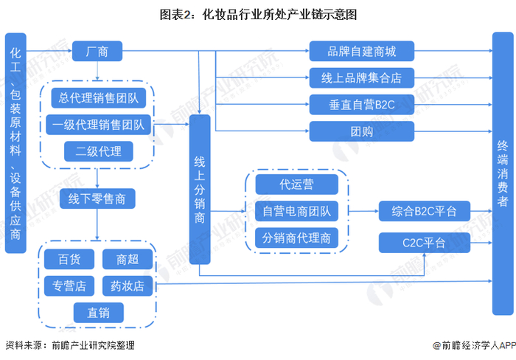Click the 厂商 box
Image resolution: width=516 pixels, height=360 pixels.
coord(97,51)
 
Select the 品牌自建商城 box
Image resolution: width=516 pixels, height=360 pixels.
coord(362,51)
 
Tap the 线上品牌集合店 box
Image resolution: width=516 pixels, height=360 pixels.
coord(362,77)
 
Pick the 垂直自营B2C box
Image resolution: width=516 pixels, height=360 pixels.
coord(362,105)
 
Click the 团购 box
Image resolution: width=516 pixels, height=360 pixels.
coord(362,131)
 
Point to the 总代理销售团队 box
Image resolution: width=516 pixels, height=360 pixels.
coord(98,98)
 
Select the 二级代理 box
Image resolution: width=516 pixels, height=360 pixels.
coord(98,151)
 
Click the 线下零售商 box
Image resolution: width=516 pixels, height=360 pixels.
coord(97,198)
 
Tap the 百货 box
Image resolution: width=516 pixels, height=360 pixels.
coord(69,259)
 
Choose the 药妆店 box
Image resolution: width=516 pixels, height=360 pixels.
coord(128,285)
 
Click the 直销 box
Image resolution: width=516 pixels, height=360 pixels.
coord(98,312)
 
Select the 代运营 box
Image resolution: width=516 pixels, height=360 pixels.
coord(296,184)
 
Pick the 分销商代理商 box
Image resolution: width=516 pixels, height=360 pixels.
coord(296,238)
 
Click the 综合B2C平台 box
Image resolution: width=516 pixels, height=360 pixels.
coord(424,211)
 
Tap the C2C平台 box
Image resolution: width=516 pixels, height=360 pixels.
coord(424,243)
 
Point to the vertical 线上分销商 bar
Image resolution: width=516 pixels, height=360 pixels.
coord(200,190)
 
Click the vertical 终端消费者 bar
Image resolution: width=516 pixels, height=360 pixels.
coord(503,173)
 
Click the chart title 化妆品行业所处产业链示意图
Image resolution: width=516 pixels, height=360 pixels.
coord(279,15)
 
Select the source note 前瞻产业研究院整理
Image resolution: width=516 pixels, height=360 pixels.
coord(93,345)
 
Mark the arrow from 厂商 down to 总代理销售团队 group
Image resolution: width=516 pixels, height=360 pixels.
coord(97,71)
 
